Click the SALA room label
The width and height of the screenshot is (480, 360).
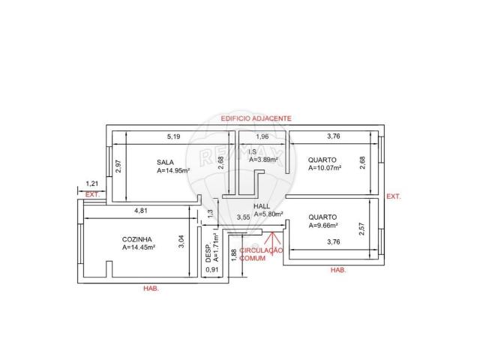(x=165, y=161)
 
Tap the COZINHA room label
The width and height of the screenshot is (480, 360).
(x=137, y=238)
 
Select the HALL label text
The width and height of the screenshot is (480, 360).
(x=262, y=205)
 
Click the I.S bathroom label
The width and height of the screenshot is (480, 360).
(x=253, y=151)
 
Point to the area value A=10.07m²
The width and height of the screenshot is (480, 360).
(x=325, y=169)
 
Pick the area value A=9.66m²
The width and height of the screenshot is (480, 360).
(x=323, y=225)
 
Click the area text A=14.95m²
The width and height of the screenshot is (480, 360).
(x=173, y=170)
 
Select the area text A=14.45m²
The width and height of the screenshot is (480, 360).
(x=139, y=247)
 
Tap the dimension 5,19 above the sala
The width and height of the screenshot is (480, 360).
(x=173, y=136)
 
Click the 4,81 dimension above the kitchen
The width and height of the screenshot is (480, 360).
(x=140, y=211)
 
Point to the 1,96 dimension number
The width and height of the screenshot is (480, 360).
(x=262, y=136)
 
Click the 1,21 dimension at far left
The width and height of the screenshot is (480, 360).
(x=92, y=184)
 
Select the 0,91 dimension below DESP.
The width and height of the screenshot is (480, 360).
(x=212, y=269)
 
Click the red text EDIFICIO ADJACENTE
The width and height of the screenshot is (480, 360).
(x=256, y=119)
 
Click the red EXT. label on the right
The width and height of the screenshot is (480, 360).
(x=393, y=196)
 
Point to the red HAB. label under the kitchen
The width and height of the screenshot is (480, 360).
(x=151, y=288)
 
